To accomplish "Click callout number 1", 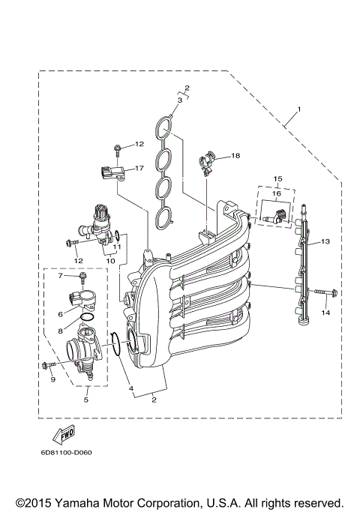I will pyautogui.click(x=298, y=111).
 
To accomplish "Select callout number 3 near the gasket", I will pyautogui.click(x=181, y=100).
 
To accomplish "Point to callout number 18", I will pyautogui.click(x=235, y=156).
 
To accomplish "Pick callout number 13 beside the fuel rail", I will pyautogui.click(x=325, y=242).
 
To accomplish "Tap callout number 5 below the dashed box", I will pyautogui.click(x=85, y=400).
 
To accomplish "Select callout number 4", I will pyautogui.click(x=130, y=388).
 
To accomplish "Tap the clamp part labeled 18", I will pyautogui.click(x=208, y=161).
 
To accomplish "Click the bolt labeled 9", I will pyautogui.click(x=49, y=365).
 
